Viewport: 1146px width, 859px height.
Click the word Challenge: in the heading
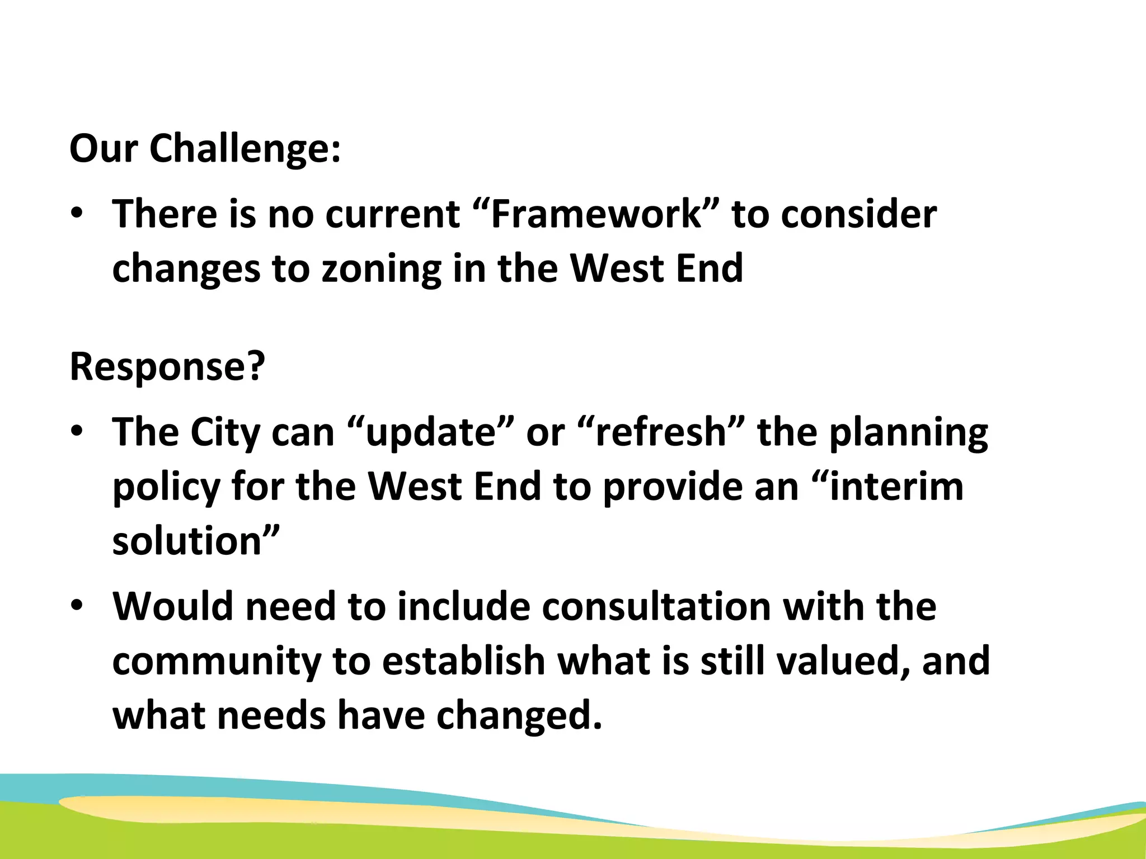(x=245, y=149)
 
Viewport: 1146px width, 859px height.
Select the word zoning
(x=381, y=268)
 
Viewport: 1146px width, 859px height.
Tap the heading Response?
(x=167, y=367)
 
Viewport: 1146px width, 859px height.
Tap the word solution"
(x=195, y=541)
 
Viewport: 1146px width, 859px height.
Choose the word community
(x=216, y=661)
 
